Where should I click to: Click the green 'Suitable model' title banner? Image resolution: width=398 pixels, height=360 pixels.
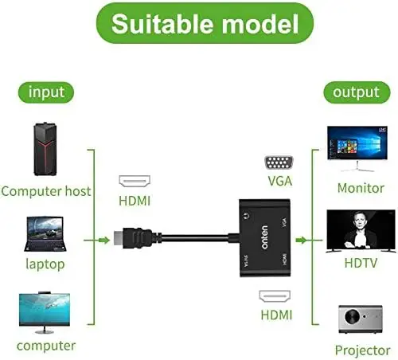click(x=198, y=24)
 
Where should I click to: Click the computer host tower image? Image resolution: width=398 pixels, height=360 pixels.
click(x=45, y=151)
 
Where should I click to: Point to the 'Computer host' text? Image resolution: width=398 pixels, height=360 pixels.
click(x=46, y=191)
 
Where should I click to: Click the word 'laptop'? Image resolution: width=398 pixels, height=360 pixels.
click(x=45, y=263)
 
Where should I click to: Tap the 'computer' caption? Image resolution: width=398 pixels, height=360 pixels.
click(x=45, y=346)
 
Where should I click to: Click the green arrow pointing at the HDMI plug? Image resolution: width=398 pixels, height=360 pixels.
click(x=102, y=238)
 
